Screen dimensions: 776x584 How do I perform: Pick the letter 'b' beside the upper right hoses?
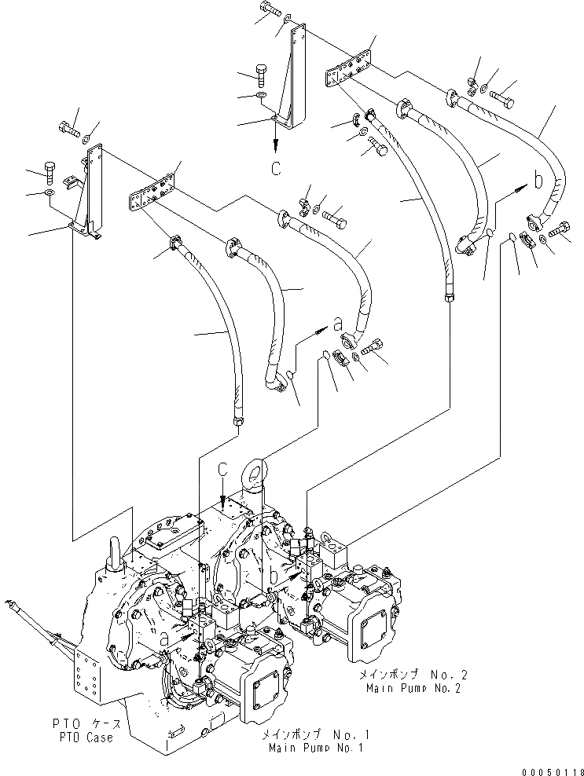[x=538, y=181]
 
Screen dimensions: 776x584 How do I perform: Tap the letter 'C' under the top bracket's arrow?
[x=276, y=167]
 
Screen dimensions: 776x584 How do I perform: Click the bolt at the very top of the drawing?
[x=267, y=11]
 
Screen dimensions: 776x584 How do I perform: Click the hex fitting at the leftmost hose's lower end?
[x=237, y=424]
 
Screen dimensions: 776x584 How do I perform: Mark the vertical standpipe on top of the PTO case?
[x=112, y=553]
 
